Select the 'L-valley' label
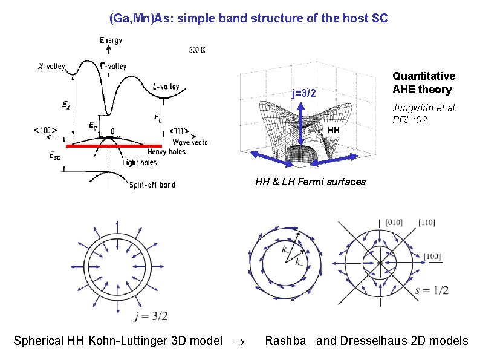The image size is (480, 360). pyautogui.click(x=166, y=87)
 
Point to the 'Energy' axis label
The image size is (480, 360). pyautogui.click(x=111, y=41)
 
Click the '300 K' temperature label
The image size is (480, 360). pyautogui.click(x=196, y=50)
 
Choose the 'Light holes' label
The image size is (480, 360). pyautogui.click(x=140, y=162)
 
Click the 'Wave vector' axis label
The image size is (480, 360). pyautogui.click(x=190, y=142)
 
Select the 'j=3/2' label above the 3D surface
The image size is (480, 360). pyautogui.click(x=303, y=93)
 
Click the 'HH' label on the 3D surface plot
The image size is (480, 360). pyautogui.click(x=334, y=130)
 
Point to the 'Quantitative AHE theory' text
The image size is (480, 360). pyautogui.click(x=423, y=83)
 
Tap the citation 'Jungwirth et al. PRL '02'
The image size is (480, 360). pyautogui.click(x=424, y=114)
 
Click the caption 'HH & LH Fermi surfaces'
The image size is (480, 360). pyautogui.click(x=310, y=182)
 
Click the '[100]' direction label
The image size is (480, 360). pyautogui.click(x=432, y=257)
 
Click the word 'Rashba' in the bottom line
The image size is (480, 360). pyautogui.click(x=285, y=341)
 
